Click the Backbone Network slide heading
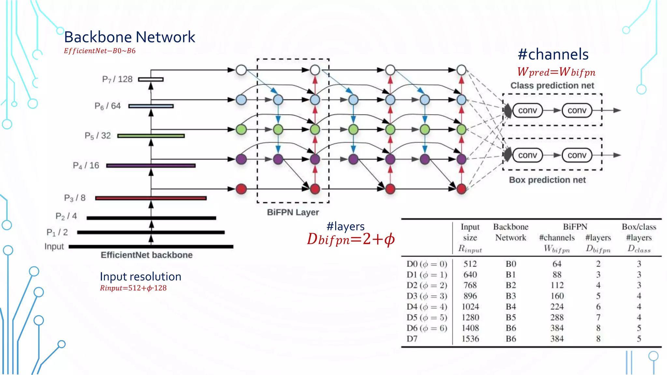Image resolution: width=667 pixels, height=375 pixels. [x=129, y=37]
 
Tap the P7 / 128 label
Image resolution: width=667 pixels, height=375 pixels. [x=117, y=79]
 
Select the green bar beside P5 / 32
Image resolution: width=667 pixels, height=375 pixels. [x=151, y=136]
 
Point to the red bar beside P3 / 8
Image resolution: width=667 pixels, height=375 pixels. [x=151, y=198]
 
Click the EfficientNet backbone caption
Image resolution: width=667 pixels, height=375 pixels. [x=147, y=255]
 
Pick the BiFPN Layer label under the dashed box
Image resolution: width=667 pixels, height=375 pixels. [x=293, y=212]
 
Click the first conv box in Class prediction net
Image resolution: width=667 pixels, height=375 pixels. [x=527, y=110]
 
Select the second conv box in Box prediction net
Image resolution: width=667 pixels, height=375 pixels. [x=577, y=155]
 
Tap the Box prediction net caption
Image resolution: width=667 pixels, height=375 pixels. [x=547, y=180]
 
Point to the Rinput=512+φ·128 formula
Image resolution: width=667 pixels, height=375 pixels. [x=133, y=288]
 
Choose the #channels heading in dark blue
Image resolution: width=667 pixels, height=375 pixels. [x=553, y=54]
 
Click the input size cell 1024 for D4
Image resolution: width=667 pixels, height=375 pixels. [x=470, y=307]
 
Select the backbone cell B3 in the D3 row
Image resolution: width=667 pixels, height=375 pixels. [x=511, y=296]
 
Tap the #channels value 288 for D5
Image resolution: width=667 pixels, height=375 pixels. [x=557, y=317]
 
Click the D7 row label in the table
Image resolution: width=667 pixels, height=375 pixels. [x=412, y=339]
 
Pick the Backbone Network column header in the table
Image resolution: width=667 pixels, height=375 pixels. [x=511, y=232]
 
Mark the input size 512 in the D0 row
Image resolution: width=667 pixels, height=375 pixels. [x=470, y=264]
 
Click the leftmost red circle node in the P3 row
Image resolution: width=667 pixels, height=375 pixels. [x=241, y=189]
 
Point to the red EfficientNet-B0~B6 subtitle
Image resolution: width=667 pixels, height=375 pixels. [x=100, y=51]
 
